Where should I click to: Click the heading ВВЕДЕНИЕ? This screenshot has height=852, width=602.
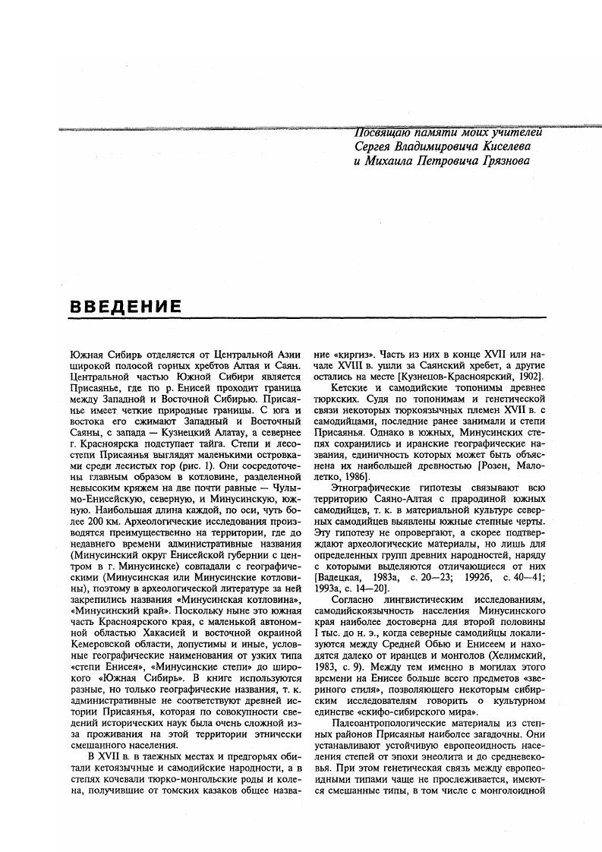tap(125, 307)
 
